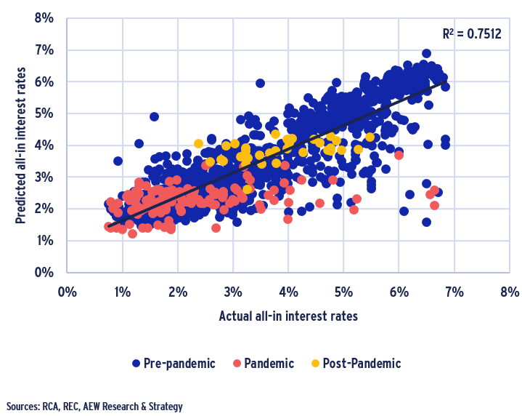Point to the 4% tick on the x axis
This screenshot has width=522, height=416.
click(x=288, y=292)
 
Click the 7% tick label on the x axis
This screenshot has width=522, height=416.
click(x=454, y=292)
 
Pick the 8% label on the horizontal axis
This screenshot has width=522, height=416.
click(x=510, y=292)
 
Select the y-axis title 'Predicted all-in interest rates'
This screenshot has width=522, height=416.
click(x=20, y=145)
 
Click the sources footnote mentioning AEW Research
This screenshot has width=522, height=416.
click(x=94, y=406)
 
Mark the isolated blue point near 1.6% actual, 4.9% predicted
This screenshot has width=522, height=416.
click(x=154, y=116)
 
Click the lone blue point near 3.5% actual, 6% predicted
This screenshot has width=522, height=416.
click(x=260, y=83)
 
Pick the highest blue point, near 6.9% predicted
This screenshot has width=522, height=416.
click(x=426, y=54)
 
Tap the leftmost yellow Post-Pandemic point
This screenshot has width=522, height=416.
click(x=198, y=143)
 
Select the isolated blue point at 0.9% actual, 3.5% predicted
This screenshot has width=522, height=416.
click(x=118, y=161)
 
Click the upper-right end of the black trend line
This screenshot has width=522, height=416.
click(x=444, y=81)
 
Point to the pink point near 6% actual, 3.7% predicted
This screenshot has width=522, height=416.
click(x=399, y=155)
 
